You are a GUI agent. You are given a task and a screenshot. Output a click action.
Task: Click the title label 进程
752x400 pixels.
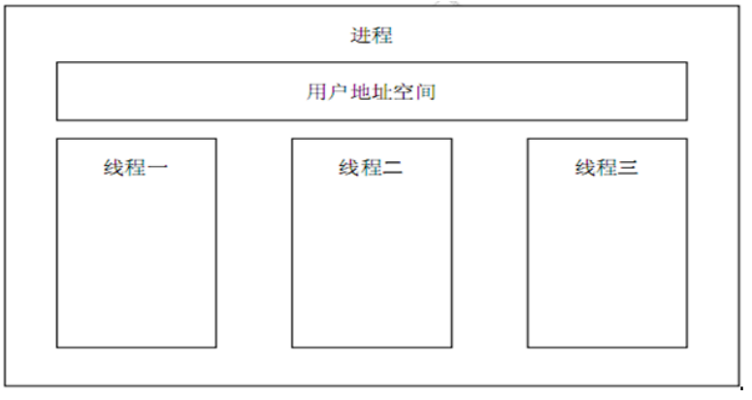click(x=372, y=36)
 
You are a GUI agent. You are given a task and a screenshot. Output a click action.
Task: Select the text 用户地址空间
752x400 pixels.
click(x=372, y=93)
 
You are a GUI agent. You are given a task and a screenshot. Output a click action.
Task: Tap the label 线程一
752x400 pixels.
click(x=136, y=168)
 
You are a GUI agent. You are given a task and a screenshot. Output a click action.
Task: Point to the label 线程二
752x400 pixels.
click(x=372, y=168)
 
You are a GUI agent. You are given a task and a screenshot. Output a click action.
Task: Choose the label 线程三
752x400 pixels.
click(x=606, y=168)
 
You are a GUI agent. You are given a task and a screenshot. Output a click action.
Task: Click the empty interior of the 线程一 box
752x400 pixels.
click(x=136, y=262)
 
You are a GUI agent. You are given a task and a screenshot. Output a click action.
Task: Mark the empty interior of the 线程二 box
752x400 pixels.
click(x=372, y=262)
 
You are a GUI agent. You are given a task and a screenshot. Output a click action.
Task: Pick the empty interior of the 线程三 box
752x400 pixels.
click(x=606, y=262)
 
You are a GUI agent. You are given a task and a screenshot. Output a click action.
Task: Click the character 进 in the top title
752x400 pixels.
click(x=361, y=36)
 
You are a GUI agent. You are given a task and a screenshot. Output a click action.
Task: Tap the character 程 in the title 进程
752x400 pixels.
click(x=382, y=36)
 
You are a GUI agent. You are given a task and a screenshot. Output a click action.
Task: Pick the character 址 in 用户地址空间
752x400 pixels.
click(x=383, y=93)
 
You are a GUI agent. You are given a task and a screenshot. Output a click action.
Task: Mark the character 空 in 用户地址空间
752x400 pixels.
click(x=406, y=93)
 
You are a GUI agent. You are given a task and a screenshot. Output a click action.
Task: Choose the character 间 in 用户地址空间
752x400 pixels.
click(x=428, y=93)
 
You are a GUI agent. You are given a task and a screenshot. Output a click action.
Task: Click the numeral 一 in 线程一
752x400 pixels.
click(x=158, y=168)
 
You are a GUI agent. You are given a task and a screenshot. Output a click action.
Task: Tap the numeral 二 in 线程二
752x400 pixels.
click(x=393, y=168)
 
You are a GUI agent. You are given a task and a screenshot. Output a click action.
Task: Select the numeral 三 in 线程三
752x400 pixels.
click(x=629, y=168)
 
